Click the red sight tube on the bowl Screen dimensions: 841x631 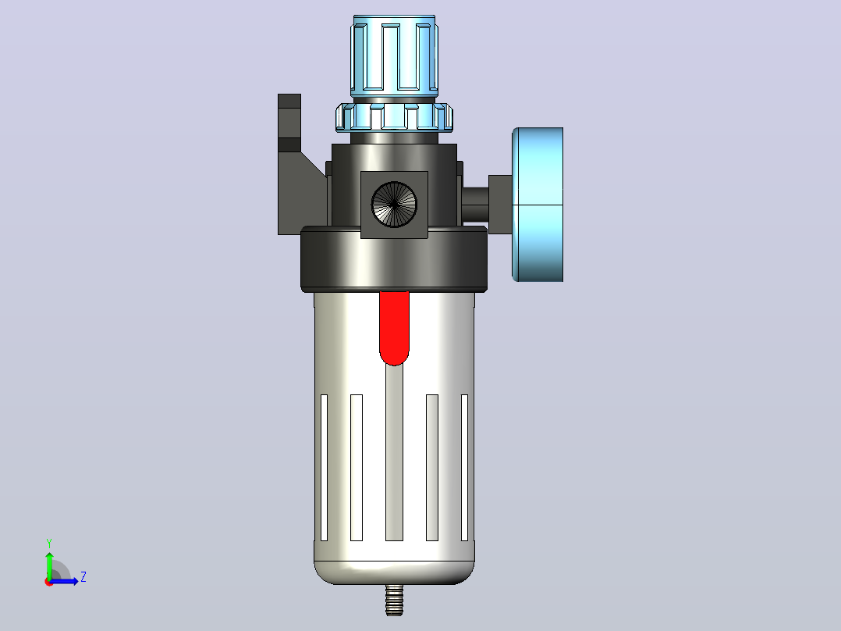click(394, 327)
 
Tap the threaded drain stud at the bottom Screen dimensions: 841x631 click(394, 600)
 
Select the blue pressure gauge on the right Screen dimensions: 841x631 click(538, 205)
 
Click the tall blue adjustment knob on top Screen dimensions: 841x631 click(394, 56)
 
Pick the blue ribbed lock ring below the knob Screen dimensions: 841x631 click(394, 117)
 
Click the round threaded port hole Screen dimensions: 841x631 click(394, 205)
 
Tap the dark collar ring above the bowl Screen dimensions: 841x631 click(394, 259)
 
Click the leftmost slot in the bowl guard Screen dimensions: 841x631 click(324, 468)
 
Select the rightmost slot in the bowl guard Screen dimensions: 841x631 click(464, 468)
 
